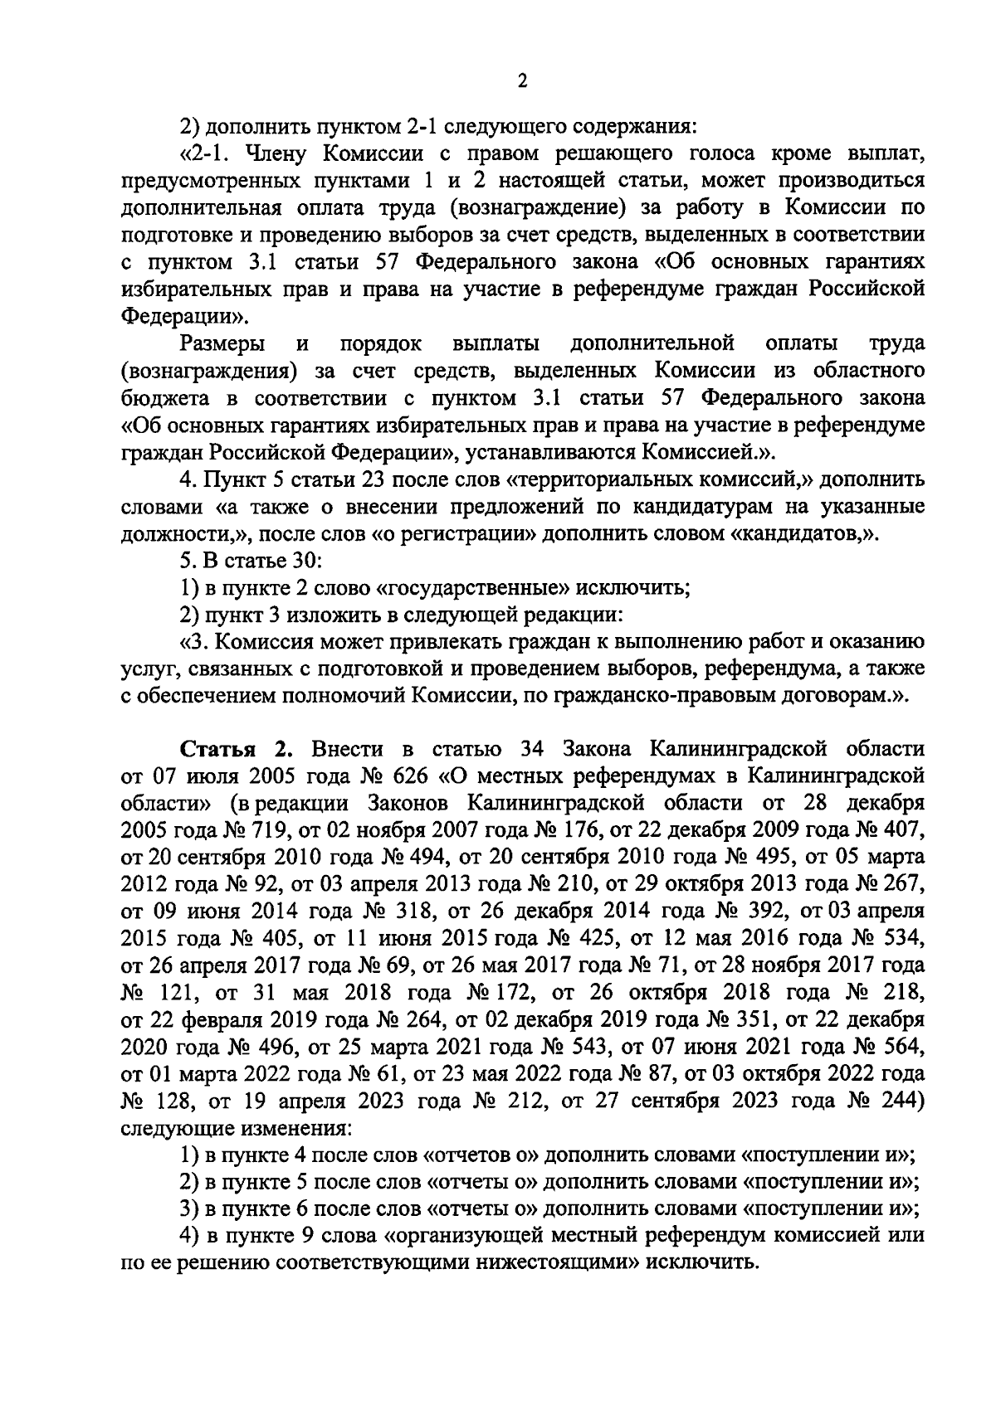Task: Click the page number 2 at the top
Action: (x=521, y=80)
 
